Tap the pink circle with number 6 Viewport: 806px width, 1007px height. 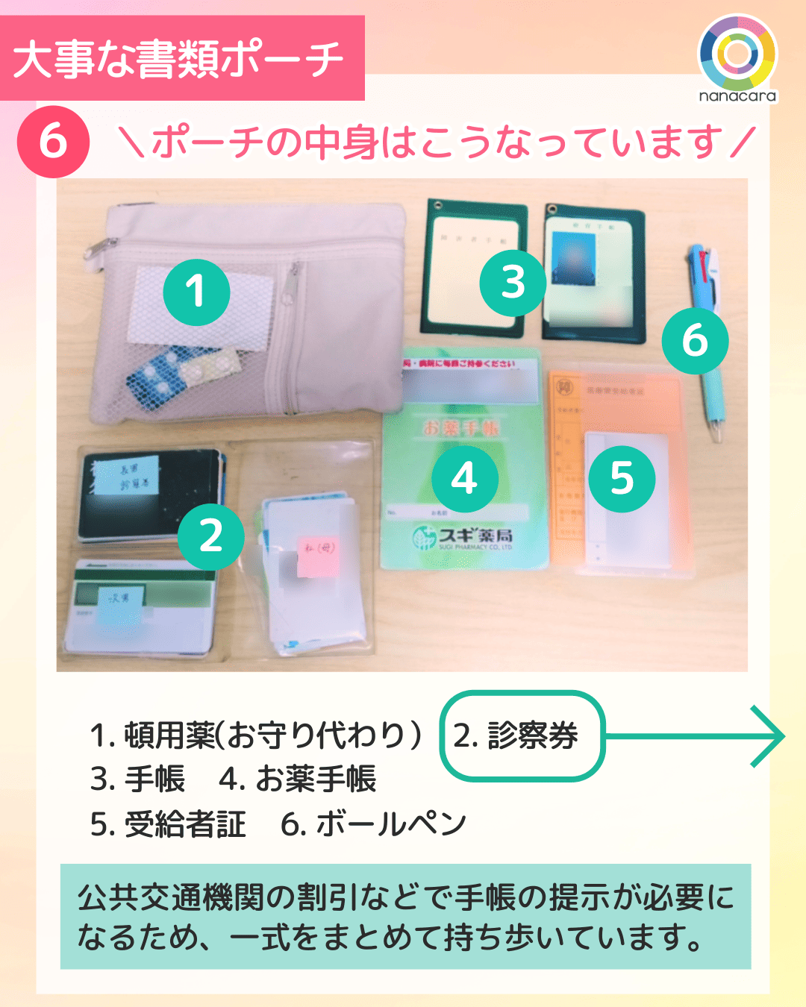53,142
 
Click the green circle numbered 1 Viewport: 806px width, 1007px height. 196,292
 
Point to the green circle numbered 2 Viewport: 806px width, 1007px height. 211,536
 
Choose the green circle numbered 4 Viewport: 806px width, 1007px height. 464,479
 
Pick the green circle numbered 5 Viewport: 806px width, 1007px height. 622,479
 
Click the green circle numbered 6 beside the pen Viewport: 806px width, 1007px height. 695,341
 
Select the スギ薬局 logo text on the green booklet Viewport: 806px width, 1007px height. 463,536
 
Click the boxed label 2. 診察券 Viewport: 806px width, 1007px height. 522,736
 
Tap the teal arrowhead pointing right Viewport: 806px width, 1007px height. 769,736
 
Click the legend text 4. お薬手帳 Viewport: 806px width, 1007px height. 298,779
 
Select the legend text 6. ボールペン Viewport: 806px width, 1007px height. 373,825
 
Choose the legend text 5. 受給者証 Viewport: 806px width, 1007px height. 168,825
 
